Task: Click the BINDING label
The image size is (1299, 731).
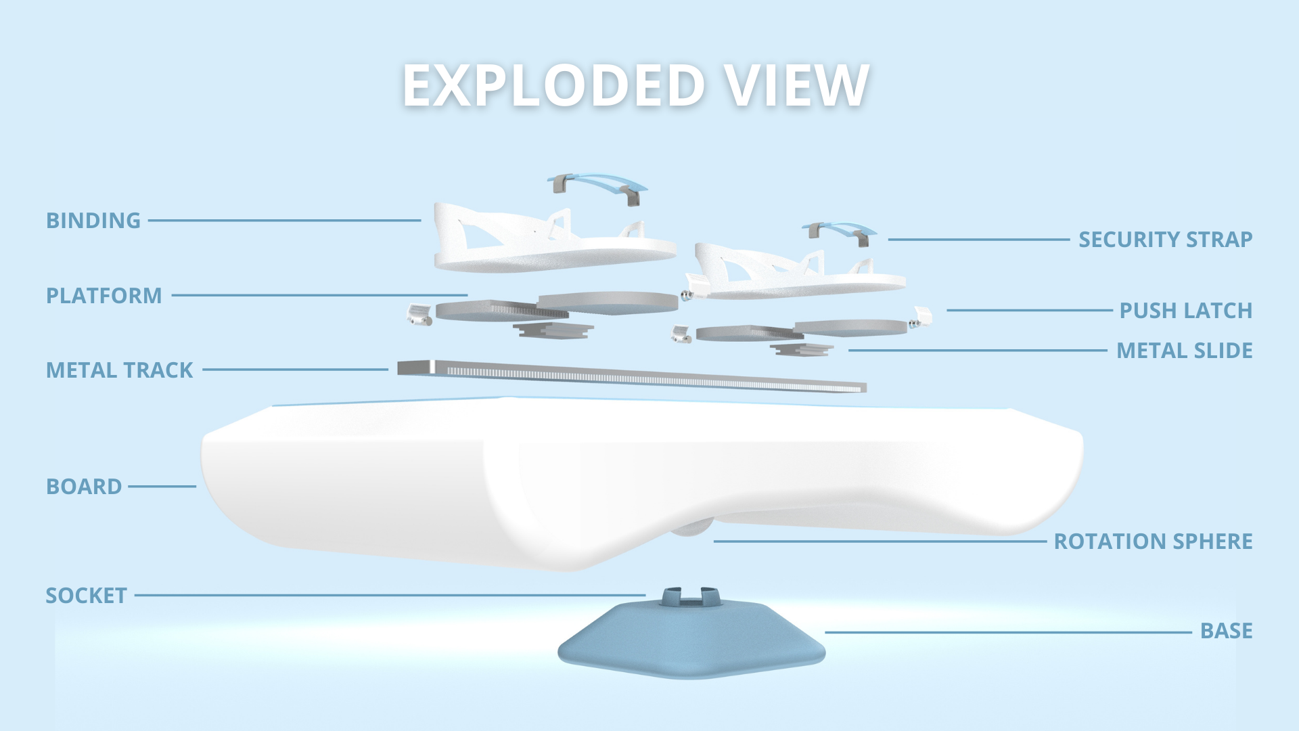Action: click(x=93, y=221)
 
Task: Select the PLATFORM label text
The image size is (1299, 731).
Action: click(x=104, y=296)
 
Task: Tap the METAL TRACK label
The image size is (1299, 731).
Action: click(x=119, y=370)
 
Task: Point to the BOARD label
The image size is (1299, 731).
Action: click(x=84, y=487)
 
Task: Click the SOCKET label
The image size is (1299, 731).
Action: click(x=86, y=596)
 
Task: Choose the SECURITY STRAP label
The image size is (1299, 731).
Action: click(x=1165, y=240)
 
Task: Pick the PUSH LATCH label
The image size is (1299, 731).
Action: click(x=1185, y=311)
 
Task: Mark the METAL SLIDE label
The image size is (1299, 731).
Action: click(x=1184, y=351)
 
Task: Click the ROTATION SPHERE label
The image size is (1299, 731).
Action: click(x=1153, y=541)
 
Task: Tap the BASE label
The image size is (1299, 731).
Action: click(x=1226, y=631)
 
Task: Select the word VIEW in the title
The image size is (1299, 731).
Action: click(x=796, y=86)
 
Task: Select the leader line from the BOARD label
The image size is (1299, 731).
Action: click(x=162, y=486)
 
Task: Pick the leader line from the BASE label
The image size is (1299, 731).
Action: click(x=1008, y=632)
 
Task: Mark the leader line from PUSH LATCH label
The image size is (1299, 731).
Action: click(x=1028, y=310)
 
